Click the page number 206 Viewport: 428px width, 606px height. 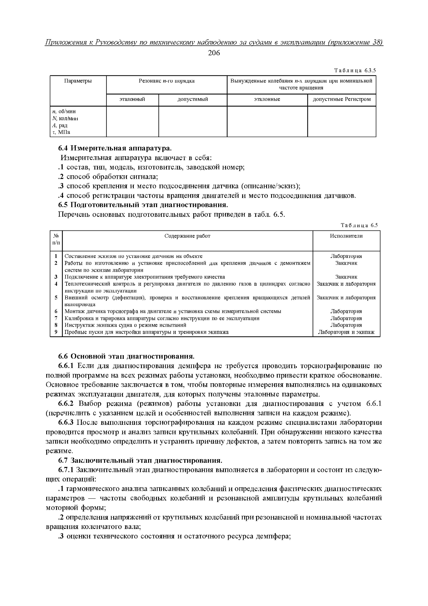[x=214, y=53]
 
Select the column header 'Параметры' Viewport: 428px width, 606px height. [x=78, y=81]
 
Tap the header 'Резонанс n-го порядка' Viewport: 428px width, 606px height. [x=167, y=81]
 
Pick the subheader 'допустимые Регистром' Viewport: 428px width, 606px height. [x=342, y=99]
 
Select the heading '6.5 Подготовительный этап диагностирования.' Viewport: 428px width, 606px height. [x=143, y=205]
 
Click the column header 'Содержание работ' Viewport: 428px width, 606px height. [x=187, y=236]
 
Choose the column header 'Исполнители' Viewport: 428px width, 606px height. [x=346, y=236]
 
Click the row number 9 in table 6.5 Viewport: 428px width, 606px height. [x=56, y=332]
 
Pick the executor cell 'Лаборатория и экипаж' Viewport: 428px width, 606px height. [x=346, y=332]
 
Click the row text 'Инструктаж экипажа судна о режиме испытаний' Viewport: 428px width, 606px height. [x=125, y=325]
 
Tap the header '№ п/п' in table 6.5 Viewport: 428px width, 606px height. [x=56, y=239]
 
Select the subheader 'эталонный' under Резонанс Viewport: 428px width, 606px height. [x=132, y=99]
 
